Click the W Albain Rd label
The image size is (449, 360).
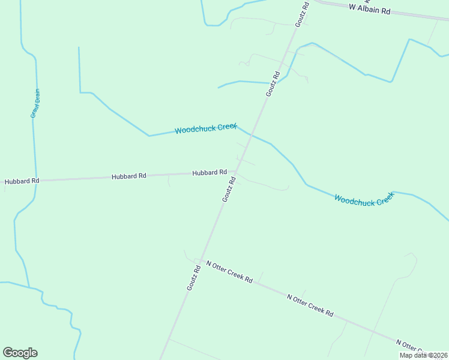pos(370,9)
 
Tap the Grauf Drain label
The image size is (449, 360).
pos(35,103)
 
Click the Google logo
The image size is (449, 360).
pos(20,353)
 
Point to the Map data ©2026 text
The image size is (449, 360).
pos(424,355)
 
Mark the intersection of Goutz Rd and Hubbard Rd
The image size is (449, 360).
pos(235,172)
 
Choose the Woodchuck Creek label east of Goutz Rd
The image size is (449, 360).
pos(364,199)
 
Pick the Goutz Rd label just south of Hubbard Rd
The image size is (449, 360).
pos(228,189)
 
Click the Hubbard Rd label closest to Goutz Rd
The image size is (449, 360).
pos(209,173)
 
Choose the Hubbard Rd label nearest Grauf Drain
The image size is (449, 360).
pos(22,181)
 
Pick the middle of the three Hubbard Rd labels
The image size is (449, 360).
pos(129,176)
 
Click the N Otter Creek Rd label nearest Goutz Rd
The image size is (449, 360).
pos(229,272)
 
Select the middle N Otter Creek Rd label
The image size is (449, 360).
pos(310,305)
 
